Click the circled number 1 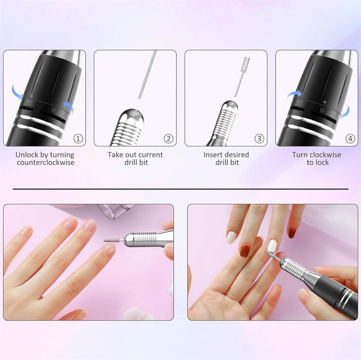(x=78, y=139)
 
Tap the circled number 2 (x=168, y=139)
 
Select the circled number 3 (x=259, y=139)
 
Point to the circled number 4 (x=350, y=139)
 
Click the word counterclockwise (x=46, y=163)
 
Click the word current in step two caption (x=150, y=155)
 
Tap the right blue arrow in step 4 (x=346, y=112)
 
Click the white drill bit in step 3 (x=241, y=77)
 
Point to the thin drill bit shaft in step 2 (x=147, y=75)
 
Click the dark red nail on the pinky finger (x=292, y=233)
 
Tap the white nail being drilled (x=273, y=245)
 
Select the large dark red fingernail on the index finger (x=246, y=250)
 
